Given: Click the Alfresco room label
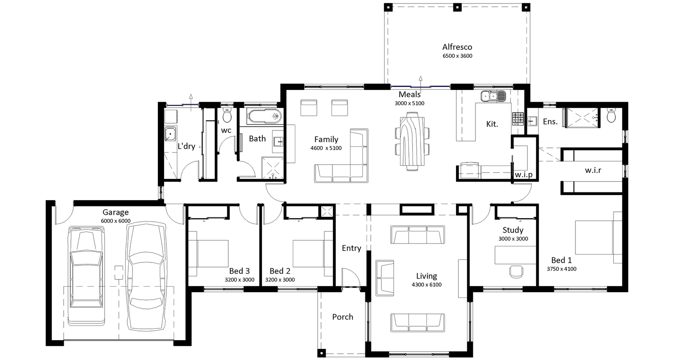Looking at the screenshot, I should click(457, 47).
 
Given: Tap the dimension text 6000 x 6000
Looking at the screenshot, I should click(116, 221).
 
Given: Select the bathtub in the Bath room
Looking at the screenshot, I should click(264, 116).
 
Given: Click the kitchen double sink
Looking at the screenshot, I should click(493, 96).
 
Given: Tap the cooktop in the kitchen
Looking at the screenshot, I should click(518, 118).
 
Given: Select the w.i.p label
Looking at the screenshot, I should click(524, 174).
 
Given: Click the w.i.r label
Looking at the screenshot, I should click(593, 170).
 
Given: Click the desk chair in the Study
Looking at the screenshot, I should click(516, 271).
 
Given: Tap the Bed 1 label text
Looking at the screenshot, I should click(562, 260).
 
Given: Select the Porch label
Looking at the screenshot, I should click(342, 317).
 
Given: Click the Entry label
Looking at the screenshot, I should click(351, 248).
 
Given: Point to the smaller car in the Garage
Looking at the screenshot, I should click(86, 274).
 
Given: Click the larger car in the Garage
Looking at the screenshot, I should click(146, 276).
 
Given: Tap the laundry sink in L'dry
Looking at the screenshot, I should click(170, 134).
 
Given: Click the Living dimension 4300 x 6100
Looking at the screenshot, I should click(427, 284).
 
